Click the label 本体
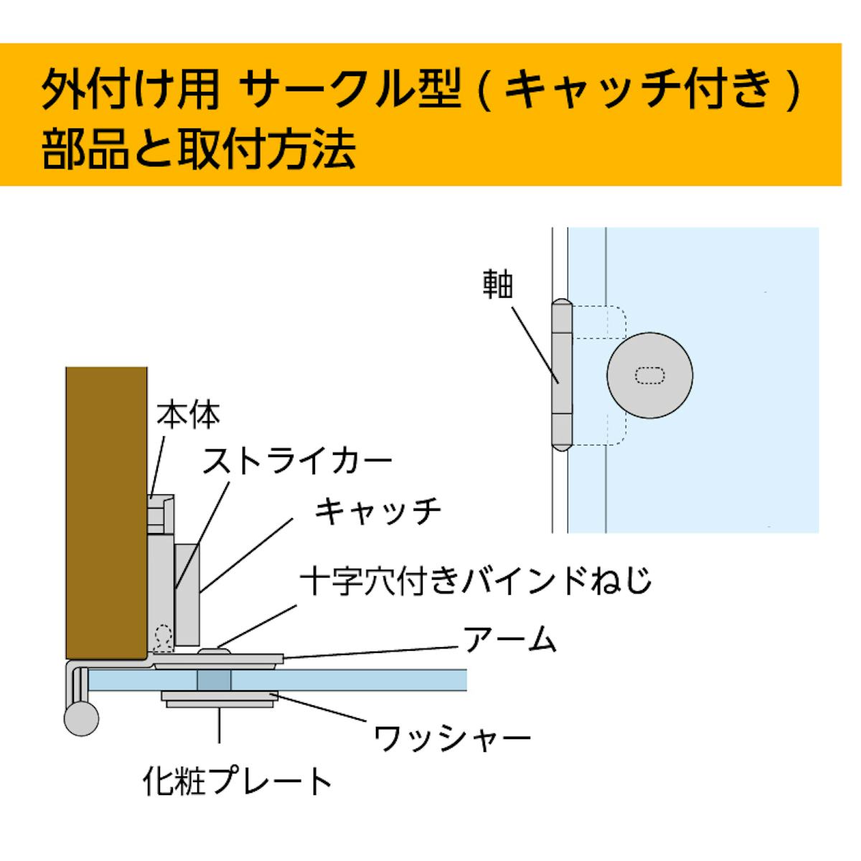[188, 415]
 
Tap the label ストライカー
[297, 461]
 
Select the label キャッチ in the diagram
[377, 512]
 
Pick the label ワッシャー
[452, 738]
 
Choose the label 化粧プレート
[237, 781]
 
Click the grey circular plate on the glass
[649, 375]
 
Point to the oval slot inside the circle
[650, 375]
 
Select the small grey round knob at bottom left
[81, 719]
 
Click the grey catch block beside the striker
[187, 593]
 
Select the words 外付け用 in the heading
[130, 91]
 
